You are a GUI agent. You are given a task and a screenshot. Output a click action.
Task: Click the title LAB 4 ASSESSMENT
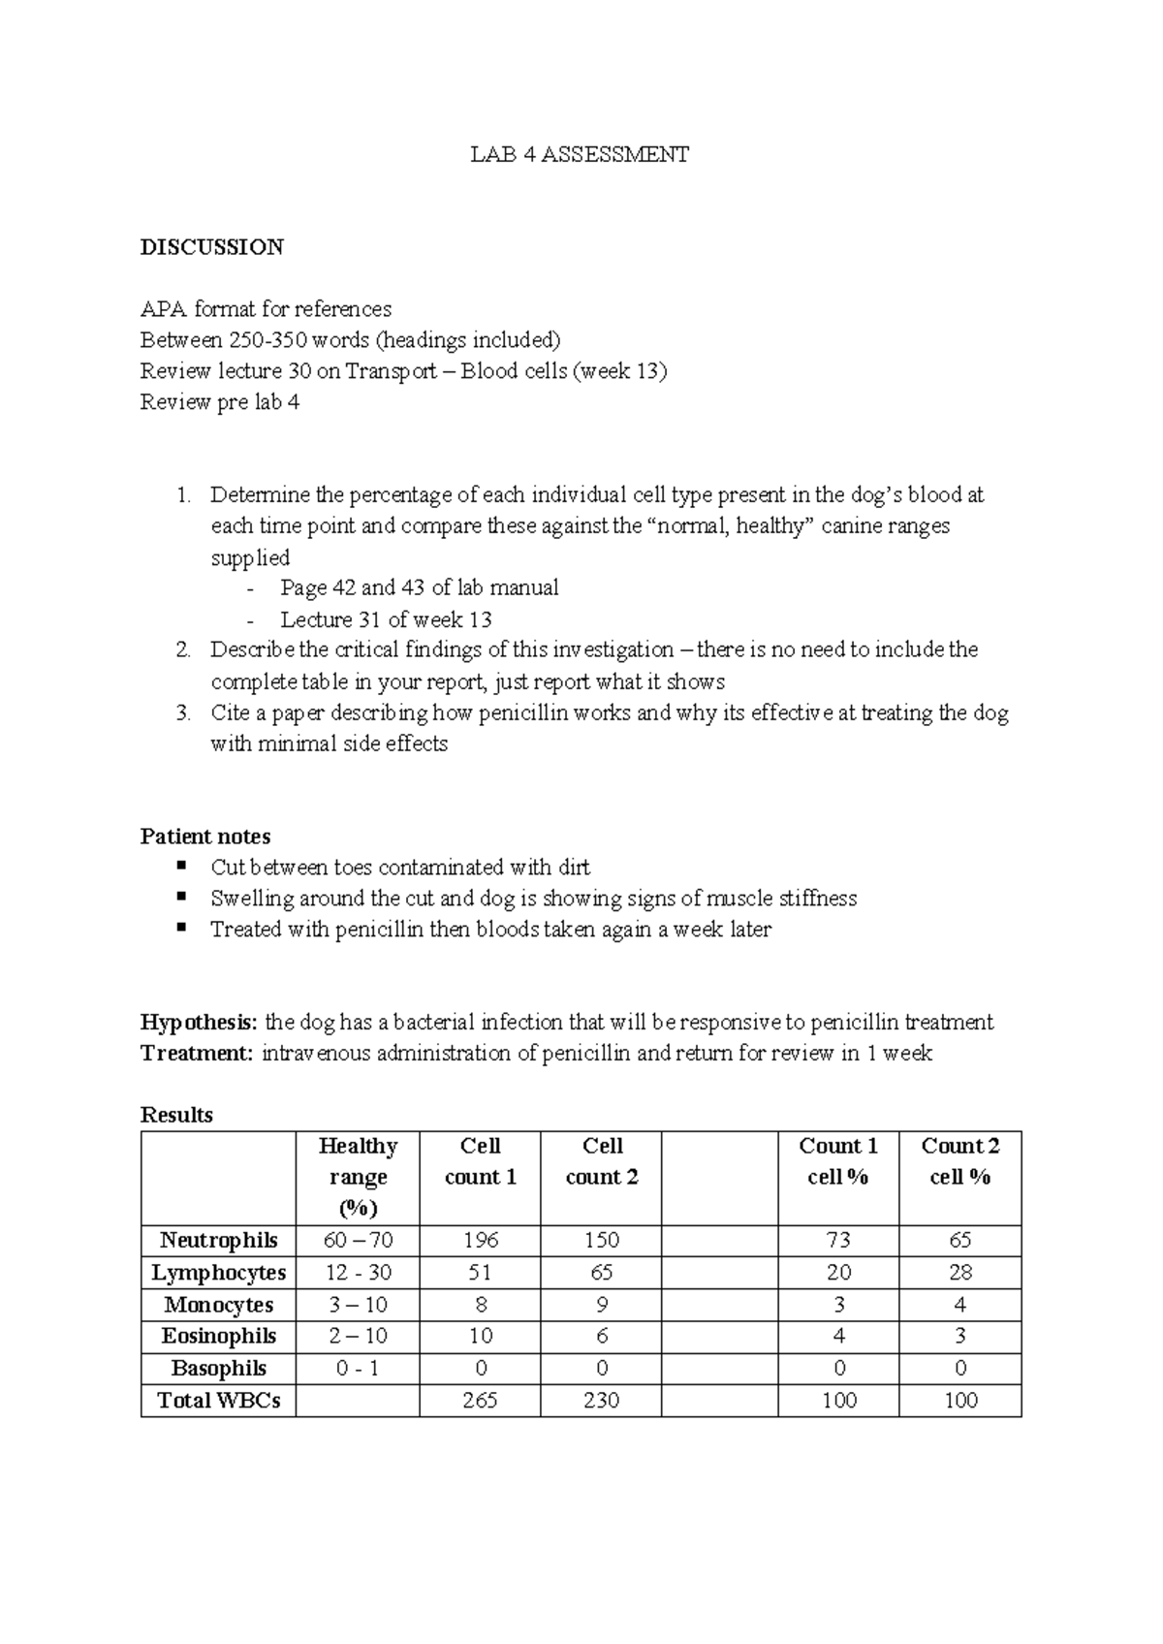580,154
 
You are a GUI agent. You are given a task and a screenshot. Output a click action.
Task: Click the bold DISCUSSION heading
211,247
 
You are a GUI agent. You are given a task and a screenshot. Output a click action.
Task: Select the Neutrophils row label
218,1240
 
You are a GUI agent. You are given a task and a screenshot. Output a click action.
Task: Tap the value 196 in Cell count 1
481,1240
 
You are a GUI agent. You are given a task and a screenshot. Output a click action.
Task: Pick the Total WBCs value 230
601,1400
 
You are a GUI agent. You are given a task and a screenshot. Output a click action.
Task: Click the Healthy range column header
358,1177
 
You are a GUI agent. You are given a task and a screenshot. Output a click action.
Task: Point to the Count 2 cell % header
959,1161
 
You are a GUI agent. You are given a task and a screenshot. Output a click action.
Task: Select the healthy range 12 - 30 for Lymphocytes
358,1272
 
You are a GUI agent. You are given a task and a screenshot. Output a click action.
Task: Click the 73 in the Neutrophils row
838,1240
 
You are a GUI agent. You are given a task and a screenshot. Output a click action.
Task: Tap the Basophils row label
218,1368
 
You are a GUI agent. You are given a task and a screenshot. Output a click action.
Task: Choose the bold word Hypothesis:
200,1022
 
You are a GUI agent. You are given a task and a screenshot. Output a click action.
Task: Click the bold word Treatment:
197,1053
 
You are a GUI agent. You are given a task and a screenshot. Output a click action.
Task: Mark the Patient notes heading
205,837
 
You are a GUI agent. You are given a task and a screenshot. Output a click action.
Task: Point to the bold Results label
176,1115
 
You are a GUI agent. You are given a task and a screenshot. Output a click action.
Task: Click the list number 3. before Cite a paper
183,713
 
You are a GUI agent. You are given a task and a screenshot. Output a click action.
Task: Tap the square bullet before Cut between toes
181,866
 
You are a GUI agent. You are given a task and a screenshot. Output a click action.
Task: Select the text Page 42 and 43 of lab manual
419,587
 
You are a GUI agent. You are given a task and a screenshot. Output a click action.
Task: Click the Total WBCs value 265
481,1400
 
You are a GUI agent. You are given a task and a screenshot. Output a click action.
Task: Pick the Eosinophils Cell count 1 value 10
481,1336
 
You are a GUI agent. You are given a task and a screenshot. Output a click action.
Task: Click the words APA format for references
266,309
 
